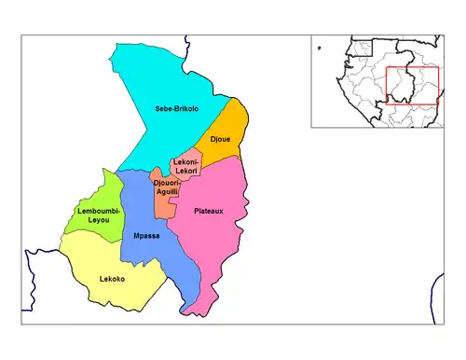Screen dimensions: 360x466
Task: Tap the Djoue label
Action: [x=220, y=140]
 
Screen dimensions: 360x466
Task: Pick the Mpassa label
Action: [x=146, y=236]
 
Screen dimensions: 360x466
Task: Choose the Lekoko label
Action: [x=112, y=279]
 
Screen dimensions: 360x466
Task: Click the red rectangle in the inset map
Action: [x=412, y=86]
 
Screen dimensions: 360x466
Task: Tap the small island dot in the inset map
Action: [x=318, y=46]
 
